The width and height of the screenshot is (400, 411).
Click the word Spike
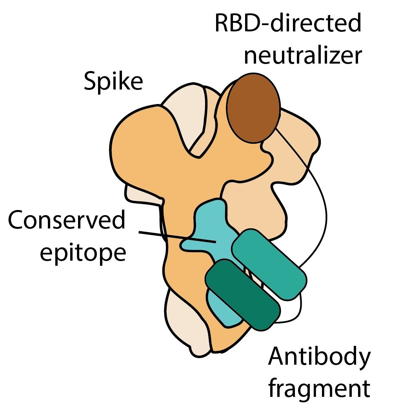pos(113,82)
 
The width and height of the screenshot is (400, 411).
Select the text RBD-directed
pos(288,24)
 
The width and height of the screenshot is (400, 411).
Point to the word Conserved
pos(67,221)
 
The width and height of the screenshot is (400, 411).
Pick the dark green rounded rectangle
pos(242,294)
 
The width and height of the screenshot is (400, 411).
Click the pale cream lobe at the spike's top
pos(184,114)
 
